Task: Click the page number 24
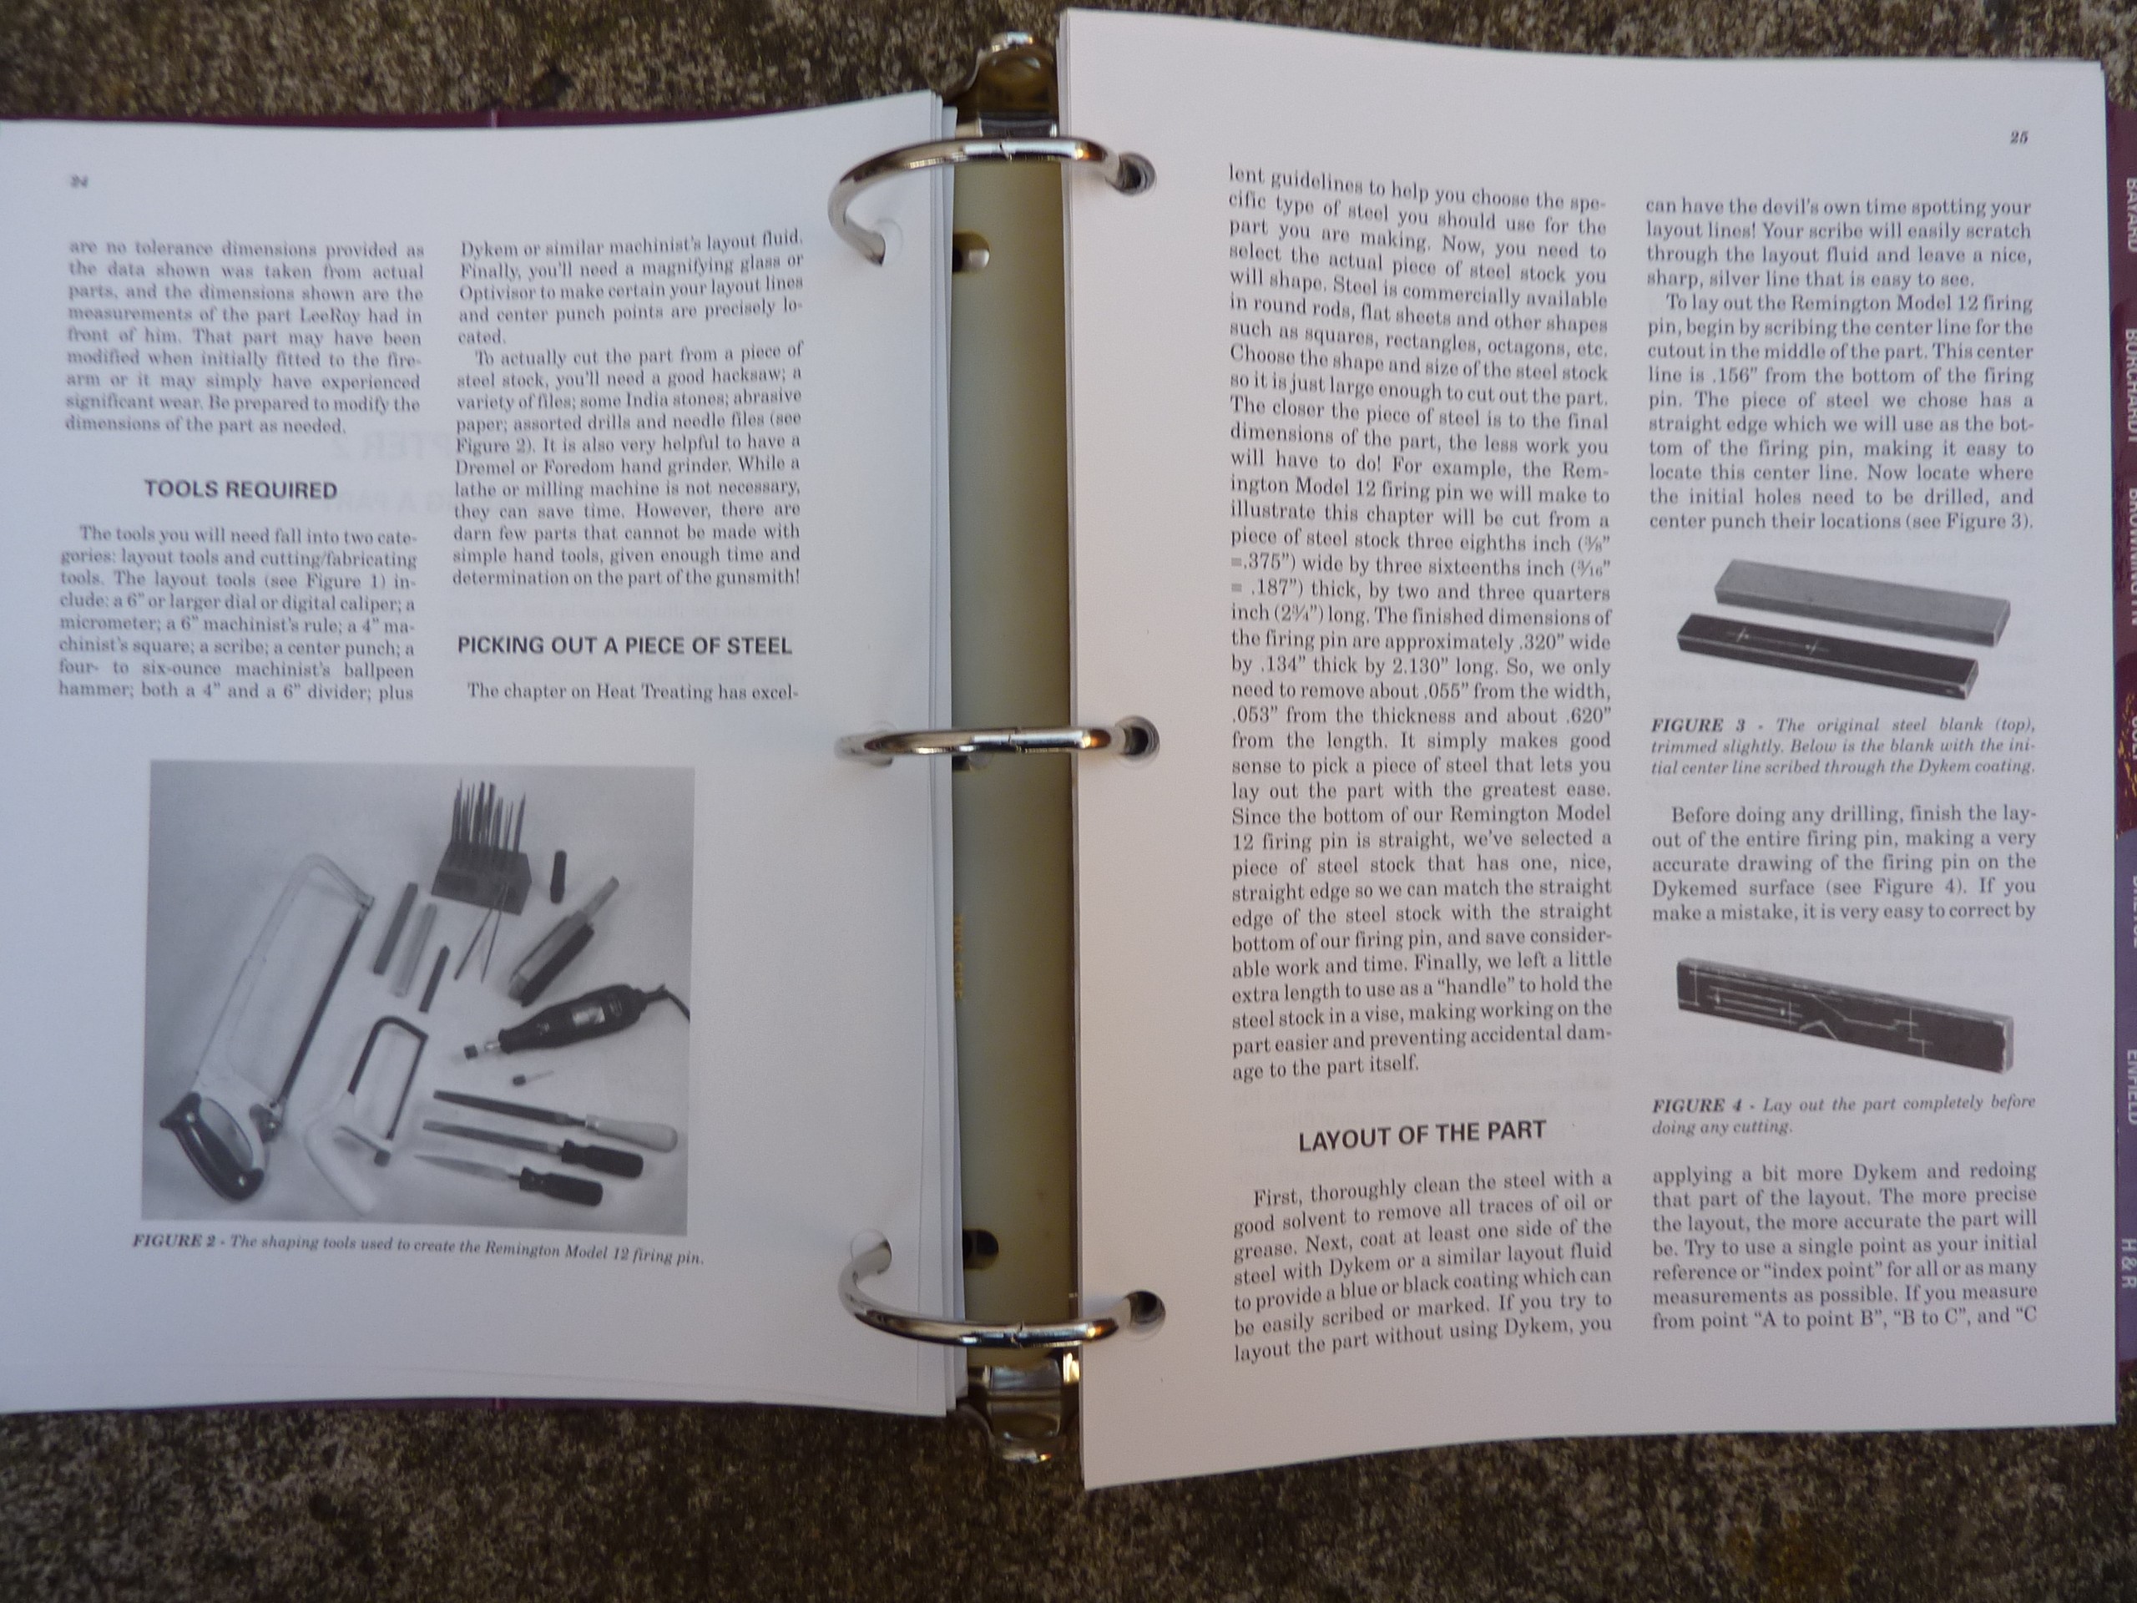78,180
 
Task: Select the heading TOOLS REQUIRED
240,489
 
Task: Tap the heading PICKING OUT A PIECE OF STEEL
624,645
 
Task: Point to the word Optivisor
500,287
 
